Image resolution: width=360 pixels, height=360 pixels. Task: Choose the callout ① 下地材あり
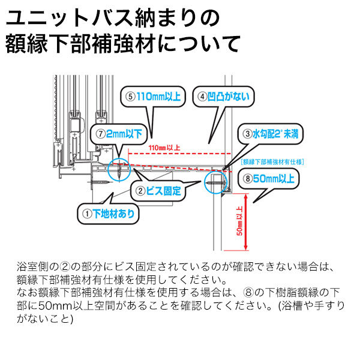click(109, 212)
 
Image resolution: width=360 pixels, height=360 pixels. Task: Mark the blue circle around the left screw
click(120, 170)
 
